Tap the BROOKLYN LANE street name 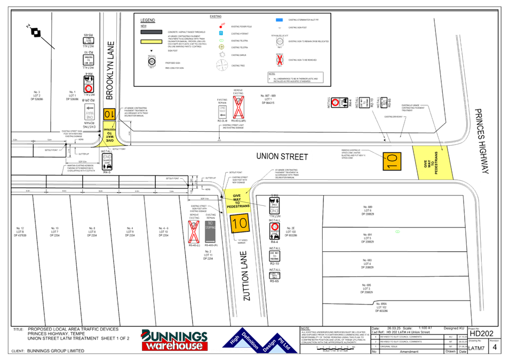click(x=110, y=70)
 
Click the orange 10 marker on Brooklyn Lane click(x=109, y=114)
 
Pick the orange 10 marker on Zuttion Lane click(x=240, y=223)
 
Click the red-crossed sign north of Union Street click(x=238, y=107)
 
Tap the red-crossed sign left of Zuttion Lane click(x=193, y=232)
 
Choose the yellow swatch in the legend click(x=151, y=41)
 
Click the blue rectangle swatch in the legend click(x=279, y=20)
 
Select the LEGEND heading click(x=148, y=21)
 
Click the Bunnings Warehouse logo click(x=174, y=340)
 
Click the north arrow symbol click(x=36, y=33)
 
